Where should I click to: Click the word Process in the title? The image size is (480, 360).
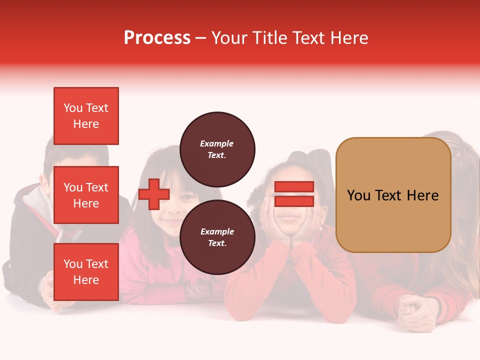[157, 38]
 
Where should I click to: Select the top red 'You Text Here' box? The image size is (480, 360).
[86, 116]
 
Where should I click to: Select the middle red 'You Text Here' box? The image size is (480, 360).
[86, 195]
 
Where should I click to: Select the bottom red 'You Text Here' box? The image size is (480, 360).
[86, 272]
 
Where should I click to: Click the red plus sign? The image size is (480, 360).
[154, 194]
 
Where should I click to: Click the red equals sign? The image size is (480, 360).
[294, 194]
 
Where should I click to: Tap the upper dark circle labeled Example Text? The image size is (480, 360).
[217, 149]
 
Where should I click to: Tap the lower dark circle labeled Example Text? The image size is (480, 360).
[217, 237]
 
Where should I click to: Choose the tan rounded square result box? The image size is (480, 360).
[393, 194]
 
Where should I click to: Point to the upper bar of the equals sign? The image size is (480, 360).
[294, 187]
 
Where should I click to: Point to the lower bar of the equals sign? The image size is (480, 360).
[294, 201]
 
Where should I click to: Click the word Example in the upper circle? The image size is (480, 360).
[217, 144]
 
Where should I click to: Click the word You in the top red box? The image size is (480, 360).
[72, 108]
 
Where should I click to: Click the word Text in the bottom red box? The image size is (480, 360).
[96, 264]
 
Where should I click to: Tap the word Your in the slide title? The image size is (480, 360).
[229, 38]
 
